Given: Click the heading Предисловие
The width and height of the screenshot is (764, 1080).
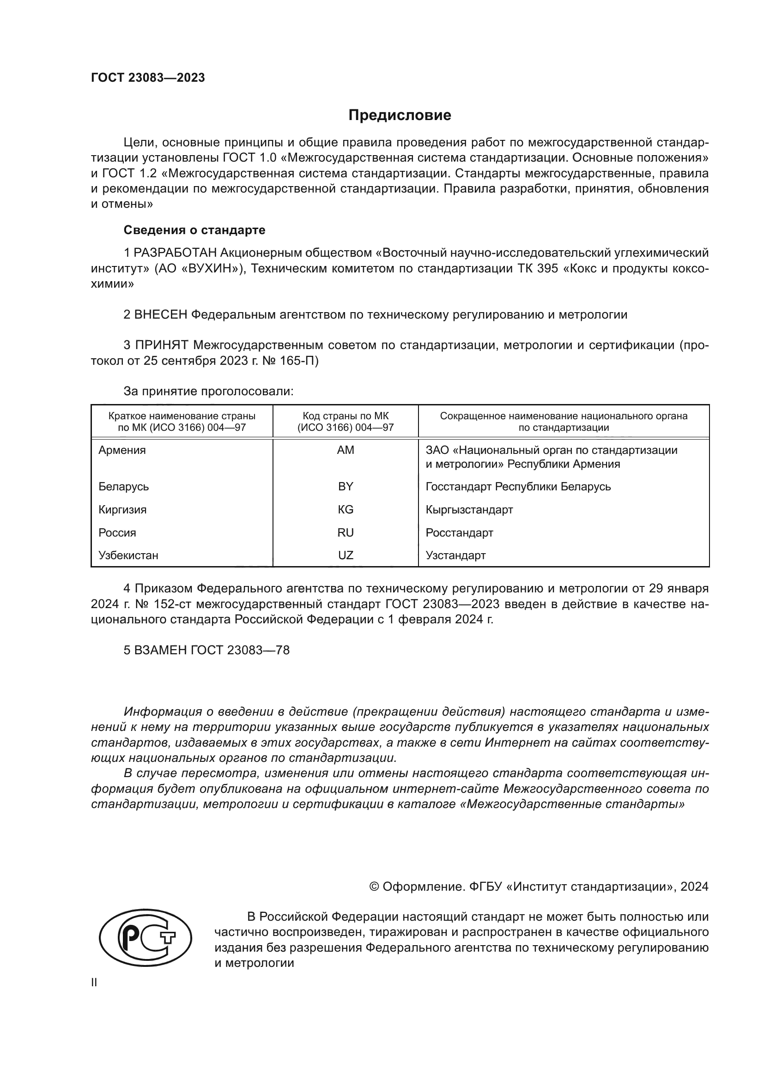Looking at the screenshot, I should tap(400, 115).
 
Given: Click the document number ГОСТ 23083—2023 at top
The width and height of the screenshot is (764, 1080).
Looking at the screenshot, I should tap(148, 78).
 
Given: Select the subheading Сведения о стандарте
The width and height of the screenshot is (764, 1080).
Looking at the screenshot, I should tap(194, 230).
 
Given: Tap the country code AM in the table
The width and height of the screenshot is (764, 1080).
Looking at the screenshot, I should tap(346, 450).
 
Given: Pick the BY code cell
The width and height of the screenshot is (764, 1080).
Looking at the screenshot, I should tap(346, 486).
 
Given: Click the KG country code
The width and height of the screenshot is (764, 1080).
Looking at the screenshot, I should tap(346, 509).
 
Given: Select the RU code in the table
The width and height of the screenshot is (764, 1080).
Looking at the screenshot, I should tap(346, 532).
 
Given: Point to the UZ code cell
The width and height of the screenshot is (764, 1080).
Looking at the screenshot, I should tap(346, 555).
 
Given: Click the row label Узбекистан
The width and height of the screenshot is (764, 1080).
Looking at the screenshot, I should tap(128, 555).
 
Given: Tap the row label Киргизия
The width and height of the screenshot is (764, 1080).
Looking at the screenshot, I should tap(122, 509).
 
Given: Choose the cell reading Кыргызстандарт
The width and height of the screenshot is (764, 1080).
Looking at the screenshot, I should tap(469, 509).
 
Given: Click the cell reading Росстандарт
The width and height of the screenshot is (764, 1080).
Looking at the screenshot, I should tap(459, 532).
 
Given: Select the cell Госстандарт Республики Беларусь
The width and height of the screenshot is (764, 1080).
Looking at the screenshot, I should tap(518, 486).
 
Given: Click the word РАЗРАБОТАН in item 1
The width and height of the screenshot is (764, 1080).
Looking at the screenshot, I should tap(175, 253).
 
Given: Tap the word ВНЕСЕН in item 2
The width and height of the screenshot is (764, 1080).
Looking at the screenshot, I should tap(160, 315).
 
